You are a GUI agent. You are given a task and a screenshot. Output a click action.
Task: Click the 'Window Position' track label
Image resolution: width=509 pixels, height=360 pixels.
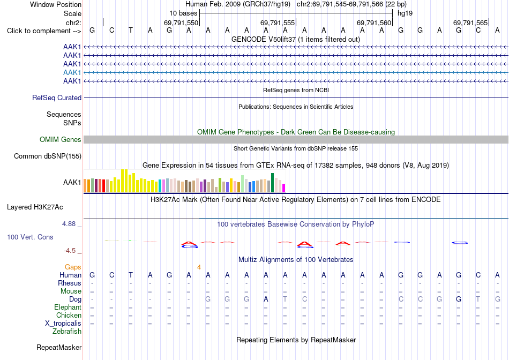pyautogui.click(x=56, y=4)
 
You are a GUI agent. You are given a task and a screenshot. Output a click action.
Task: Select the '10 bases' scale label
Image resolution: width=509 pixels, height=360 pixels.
pyautogui.click(x=183, y=13)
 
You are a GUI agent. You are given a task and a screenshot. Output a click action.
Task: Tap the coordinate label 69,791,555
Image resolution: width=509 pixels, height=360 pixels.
pyautogui.click(x=278, y=22)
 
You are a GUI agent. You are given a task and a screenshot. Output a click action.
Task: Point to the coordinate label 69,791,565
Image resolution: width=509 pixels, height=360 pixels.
pyautogui.click(x=470, y=22)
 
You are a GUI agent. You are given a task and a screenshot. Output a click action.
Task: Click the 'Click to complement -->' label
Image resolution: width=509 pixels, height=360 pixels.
pyautogui.click(x=44, y=31)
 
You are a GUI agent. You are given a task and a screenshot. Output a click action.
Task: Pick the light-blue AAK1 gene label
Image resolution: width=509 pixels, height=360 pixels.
pyautogui.click(x=72, y=72)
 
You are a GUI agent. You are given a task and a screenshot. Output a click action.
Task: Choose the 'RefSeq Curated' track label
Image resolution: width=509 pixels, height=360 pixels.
pyautogui.click(x=57, y=97)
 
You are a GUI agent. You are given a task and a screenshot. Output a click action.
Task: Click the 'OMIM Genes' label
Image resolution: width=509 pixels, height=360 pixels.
pyautogui.click(x=61, y=140)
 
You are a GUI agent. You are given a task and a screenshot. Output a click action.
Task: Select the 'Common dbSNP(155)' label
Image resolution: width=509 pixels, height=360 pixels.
pyautogui.click(x=48, y=156)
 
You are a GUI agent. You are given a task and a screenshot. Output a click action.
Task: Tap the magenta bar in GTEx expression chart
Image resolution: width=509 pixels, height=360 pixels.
pyautogui.click(x=284, y=188)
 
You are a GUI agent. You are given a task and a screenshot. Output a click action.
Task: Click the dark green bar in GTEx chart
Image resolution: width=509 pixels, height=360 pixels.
pyautogui.click(x=272, y=183)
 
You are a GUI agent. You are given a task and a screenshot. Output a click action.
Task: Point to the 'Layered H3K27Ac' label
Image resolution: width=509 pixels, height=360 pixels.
pyautogui.click(x=35, y=207)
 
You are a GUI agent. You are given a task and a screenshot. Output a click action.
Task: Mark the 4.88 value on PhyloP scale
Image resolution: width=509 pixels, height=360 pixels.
pyautogui.click(x=69, y=224)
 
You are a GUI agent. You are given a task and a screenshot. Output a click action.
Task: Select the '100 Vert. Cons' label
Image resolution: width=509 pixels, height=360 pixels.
pyautogui.click(x=30, y=237)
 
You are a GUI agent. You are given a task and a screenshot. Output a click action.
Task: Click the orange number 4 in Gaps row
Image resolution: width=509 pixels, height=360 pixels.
pyautogui.click(x=199, y=267)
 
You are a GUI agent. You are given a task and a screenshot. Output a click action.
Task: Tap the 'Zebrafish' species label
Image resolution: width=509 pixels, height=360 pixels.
pyautogui.click(x=67, y=332)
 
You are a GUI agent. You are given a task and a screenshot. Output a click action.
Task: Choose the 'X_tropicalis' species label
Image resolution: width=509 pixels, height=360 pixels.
pyautogui.click(x=63, y=324)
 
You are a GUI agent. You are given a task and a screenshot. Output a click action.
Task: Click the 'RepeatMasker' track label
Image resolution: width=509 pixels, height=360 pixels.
pyautogui.click(x=59, y=347)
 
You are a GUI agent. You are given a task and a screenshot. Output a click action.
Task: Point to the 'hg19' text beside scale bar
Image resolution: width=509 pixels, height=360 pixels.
pyautogui.click(x=405, y=13)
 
